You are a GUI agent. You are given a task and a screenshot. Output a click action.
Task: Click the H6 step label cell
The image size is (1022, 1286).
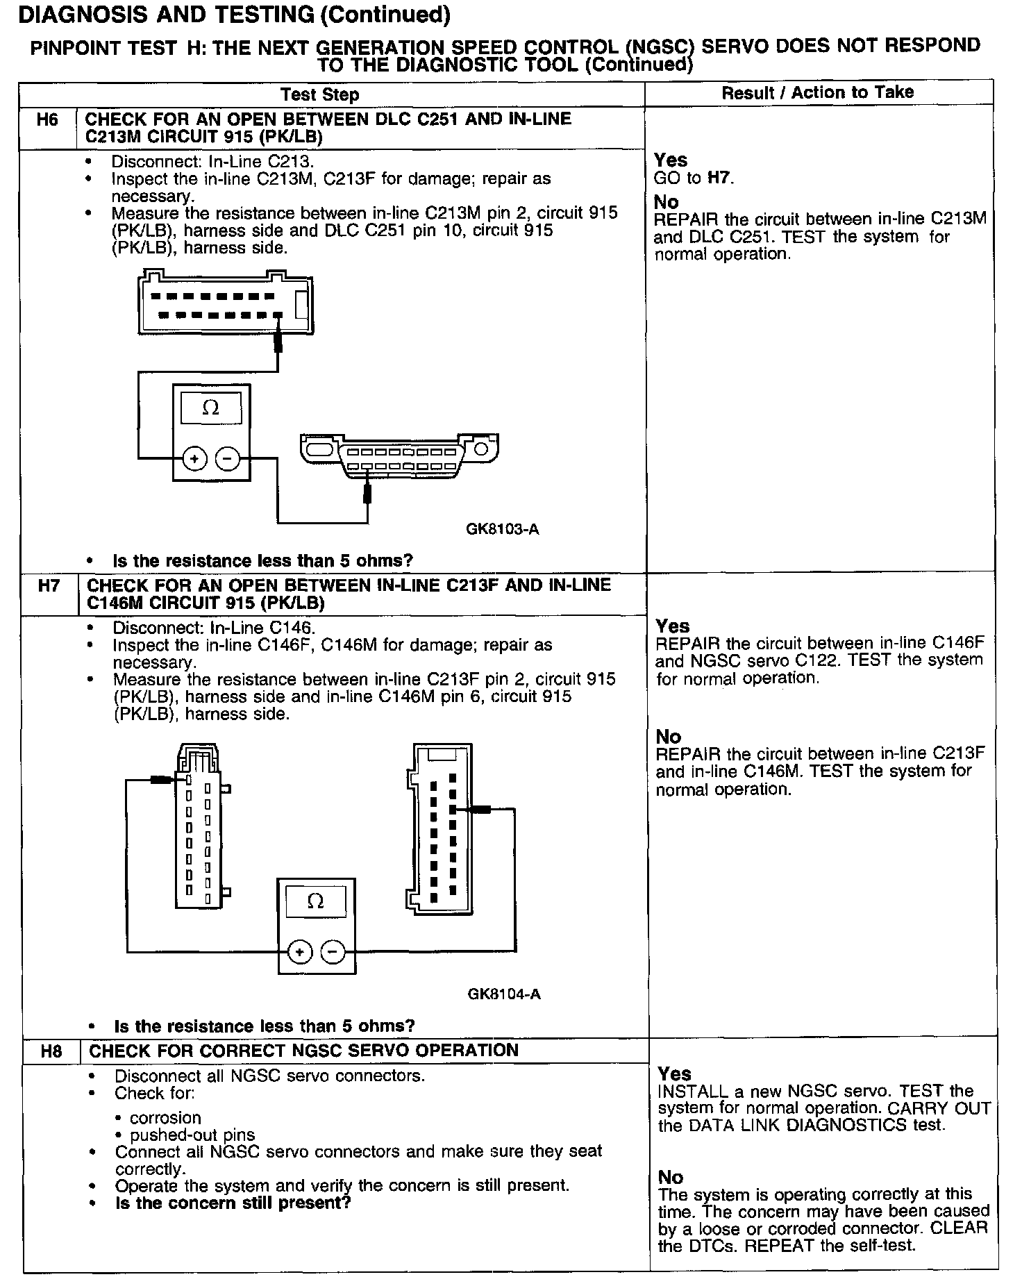click(47, 120)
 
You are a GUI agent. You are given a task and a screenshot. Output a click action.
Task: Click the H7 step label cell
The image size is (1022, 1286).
click(49, 586)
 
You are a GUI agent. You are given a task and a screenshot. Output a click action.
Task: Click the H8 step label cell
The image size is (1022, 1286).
click(51, 1051)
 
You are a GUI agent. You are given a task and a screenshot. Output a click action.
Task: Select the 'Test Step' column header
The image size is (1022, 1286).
click(319, 95)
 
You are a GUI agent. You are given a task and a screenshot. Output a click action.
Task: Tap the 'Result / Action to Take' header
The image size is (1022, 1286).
click(817, 93)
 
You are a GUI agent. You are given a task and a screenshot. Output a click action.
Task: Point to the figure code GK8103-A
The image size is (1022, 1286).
click(503, 530)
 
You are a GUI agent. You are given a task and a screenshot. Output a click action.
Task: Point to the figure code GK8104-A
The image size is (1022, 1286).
click(504, 994)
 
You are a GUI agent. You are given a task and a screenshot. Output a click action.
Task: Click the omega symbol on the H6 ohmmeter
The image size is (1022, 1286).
click(210, 408)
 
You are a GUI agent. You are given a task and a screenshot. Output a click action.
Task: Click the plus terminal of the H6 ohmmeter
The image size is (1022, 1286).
click(194, 459)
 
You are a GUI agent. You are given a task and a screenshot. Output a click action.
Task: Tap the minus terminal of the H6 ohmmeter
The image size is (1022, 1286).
click(227, 459)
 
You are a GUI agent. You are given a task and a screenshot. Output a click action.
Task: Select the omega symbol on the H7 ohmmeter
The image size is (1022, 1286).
click(315, 901)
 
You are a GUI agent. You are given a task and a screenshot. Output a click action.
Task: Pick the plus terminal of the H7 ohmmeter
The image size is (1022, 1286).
click(300, 951)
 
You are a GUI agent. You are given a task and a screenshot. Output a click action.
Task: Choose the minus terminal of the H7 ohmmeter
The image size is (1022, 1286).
click(333, 951)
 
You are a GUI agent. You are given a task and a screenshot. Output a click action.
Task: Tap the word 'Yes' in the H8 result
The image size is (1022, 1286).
click(674, 1074)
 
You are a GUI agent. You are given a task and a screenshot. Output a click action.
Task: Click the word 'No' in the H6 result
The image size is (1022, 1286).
click(666, 202)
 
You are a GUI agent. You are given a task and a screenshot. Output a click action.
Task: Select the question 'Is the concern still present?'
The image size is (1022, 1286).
click(233, 1203)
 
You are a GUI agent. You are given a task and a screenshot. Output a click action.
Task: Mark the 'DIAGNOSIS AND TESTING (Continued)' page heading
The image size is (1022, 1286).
click(234, 15)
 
